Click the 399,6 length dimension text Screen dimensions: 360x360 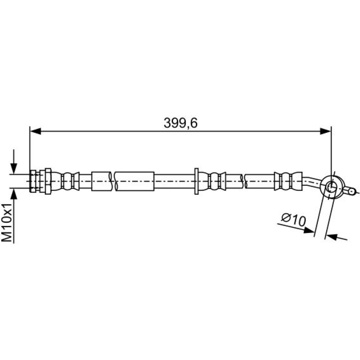[x=180, y=123]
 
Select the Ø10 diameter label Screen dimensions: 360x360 [x=294, y=220]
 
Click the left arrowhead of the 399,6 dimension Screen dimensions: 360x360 [x=35, y=131]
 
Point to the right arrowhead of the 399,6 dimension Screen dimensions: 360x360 [x=325, y=131]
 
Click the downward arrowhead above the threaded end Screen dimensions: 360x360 [x=14, y=168]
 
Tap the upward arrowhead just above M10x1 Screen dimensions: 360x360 [x=14, y=194]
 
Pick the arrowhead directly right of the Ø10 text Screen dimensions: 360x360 [x=309, y=230]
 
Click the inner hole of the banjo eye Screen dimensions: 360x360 [x=331, y=187]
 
